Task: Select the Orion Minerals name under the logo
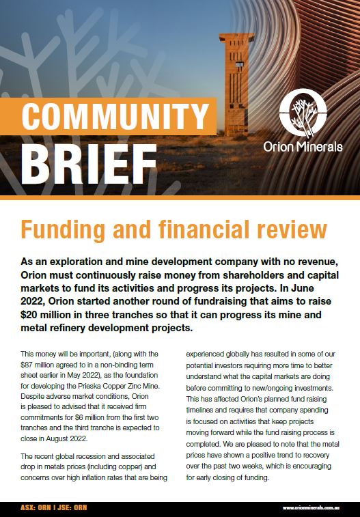303,147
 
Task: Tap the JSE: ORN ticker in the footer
72,508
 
